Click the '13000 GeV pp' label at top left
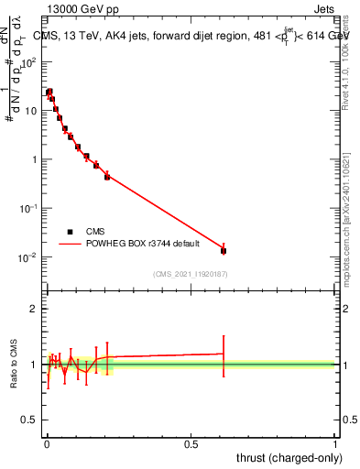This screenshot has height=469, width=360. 81,10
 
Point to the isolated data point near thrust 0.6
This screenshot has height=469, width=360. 224,250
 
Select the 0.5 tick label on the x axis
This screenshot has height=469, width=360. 191,442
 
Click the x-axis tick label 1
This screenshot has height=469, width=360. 335,442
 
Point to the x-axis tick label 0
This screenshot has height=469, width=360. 47,442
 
